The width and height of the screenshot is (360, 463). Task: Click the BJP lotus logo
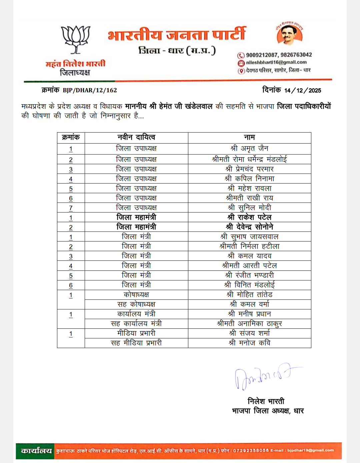(76, 40)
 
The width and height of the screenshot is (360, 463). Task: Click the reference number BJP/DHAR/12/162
(90, 90)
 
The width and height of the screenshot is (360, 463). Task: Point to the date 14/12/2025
(303, 90)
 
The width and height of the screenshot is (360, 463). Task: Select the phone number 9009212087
(261, 55)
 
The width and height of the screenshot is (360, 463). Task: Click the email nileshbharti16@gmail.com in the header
(276, 62)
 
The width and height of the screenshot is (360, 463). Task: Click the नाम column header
(249, 137)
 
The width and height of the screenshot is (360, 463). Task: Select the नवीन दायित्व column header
(136, 137)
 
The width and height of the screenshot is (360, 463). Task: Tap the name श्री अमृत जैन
(249, 148)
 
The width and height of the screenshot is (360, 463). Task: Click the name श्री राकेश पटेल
(249, 217)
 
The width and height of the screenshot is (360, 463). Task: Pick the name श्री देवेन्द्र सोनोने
(249, 227)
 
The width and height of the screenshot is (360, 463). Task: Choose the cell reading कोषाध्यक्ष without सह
(136, 294)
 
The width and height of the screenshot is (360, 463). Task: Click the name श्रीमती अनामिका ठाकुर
(249, 323)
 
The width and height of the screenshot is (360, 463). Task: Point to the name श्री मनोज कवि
(249, 343)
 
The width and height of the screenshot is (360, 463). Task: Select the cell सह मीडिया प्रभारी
(136, 343)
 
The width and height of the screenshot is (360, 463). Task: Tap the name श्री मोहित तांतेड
(249, 294)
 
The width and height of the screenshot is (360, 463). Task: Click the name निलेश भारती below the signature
(266, 401)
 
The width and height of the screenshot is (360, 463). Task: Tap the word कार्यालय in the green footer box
(36, 451)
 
